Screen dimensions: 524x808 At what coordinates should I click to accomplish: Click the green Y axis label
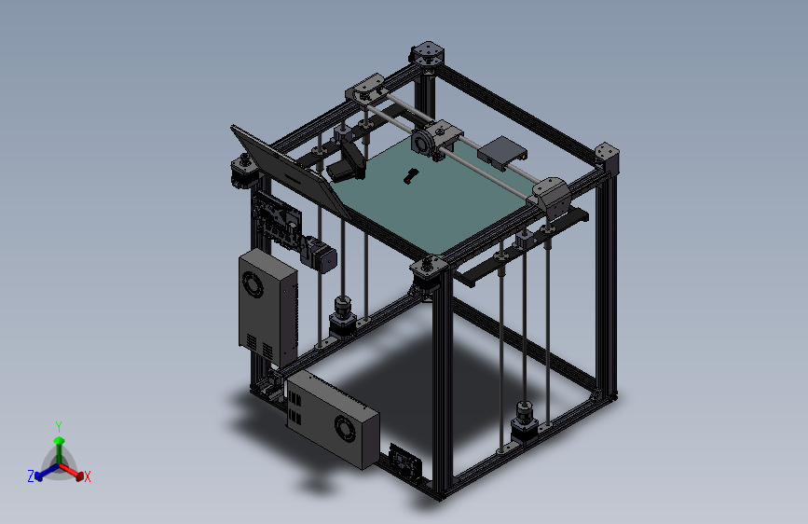point(59,425)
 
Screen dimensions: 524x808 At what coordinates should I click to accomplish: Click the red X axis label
point(88,477)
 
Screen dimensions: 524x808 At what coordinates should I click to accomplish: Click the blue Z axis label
point(31,476)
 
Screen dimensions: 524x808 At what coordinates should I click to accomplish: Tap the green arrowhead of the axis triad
point(59,439)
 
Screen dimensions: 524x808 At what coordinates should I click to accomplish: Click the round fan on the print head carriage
point(421,144)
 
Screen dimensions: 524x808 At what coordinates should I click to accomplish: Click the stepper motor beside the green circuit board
point(321,255)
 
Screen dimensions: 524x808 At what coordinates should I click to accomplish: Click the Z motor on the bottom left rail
point(343,311)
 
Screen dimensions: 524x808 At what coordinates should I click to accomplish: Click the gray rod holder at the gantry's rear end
point(363,90)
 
